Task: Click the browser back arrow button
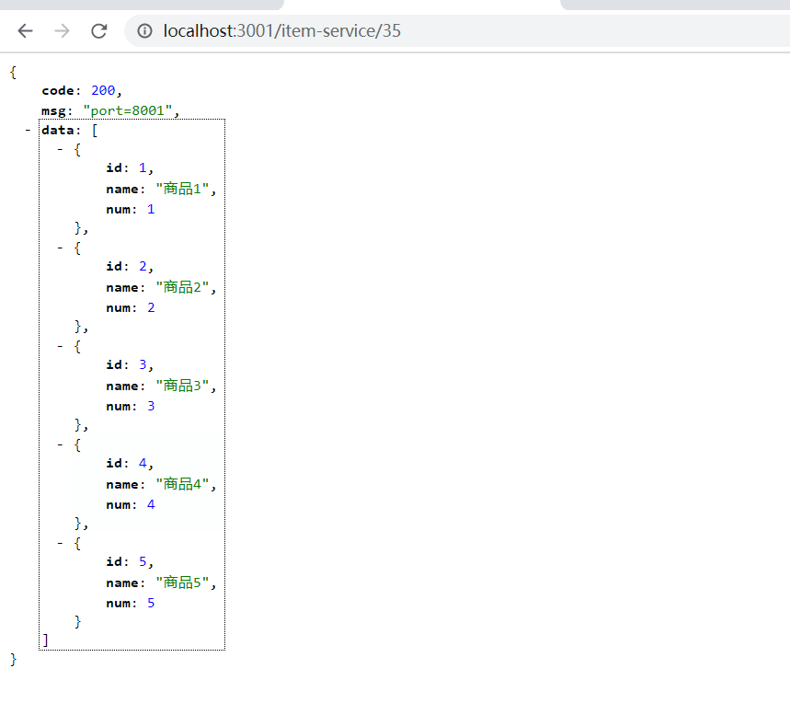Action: tap(25, 31)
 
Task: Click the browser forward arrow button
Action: tap(62, 31)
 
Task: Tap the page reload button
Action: tap(98, 31)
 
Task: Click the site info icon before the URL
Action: tap(144, 31)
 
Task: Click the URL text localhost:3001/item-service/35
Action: tap(281, 31)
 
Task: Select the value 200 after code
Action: tap(103, 91)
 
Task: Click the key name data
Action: tap(57, 130)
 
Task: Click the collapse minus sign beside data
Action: tap(29, 130)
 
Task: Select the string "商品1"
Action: tap(184, 189)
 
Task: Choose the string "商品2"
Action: tap(184, 287)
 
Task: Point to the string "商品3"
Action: tap(184, 386)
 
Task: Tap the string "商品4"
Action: tap(184, 484)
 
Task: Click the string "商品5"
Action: tap(184, 582)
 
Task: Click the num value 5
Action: tap(151, 603)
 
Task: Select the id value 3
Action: tap(142, 366)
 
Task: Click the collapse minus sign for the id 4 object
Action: tap(61, 444)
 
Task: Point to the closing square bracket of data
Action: tap(45, 640)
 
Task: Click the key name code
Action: tap(57, 91)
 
